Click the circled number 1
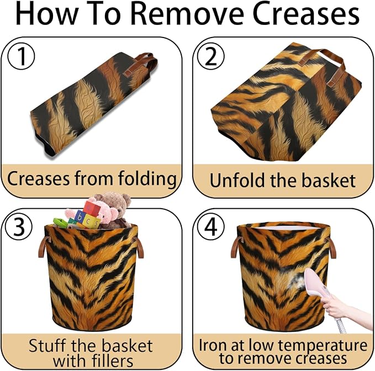point(21,57)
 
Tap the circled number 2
point(211,57)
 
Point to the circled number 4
point(211,226)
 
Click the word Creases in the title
point(305,14)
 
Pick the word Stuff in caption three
point(47,345)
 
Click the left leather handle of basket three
point(43,247)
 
